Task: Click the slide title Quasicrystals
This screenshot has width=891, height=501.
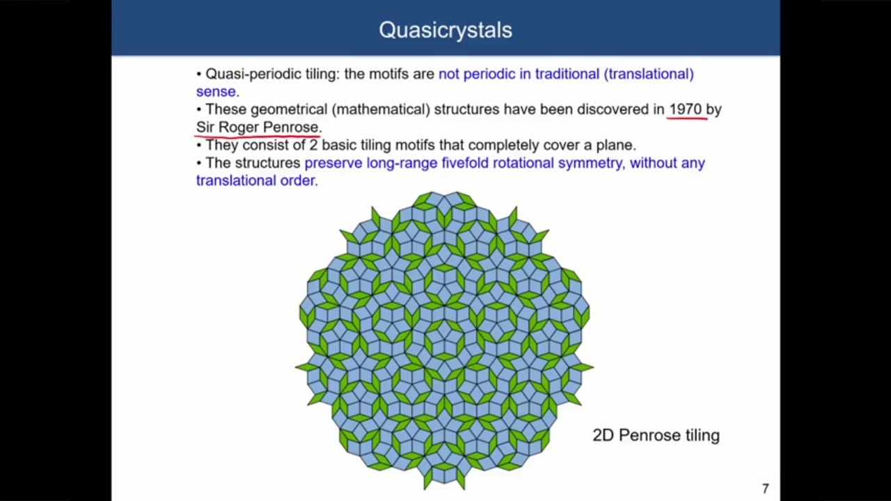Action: click(445, 30)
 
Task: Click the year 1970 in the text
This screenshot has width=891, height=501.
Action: click(685, 109)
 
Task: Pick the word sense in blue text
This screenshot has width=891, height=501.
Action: click(216, 91)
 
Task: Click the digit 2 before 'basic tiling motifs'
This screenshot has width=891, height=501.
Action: click(313, 145)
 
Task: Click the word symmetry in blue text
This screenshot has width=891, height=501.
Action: click(588, 163)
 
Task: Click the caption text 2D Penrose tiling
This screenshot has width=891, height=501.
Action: click(656, 436)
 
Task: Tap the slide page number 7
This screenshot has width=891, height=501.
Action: click(766, 488)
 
